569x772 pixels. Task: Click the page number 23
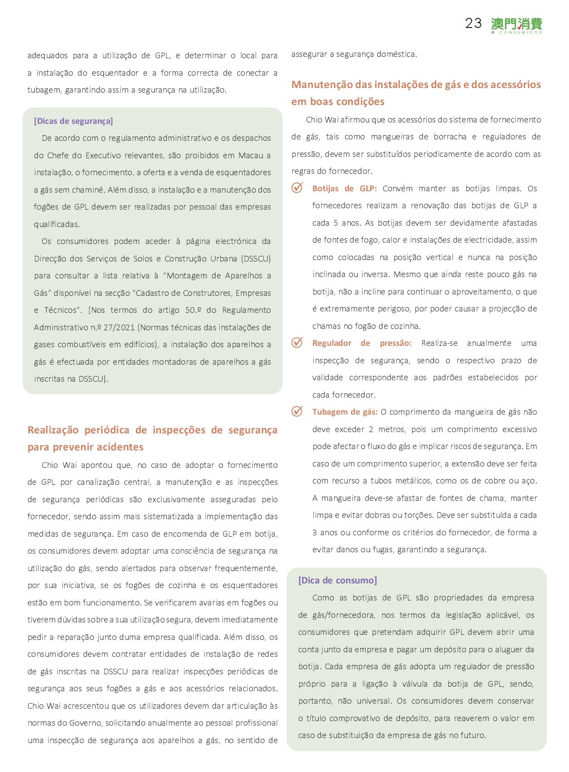point(473,23)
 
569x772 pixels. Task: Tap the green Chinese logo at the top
point(516,24)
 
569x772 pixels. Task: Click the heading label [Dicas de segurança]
point(73,121)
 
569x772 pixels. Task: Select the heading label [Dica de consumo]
point(338,580)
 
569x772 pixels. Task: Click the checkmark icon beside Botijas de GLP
point(297,188)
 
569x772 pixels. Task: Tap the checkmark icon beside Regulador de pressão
point(297,343)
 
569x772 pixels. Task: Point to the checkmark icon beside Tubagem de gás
point(297,411)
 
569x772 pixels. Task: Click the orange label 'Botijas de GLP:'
point(344,189)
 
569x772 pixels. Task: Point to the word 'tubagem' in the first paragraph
point(44,90)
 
